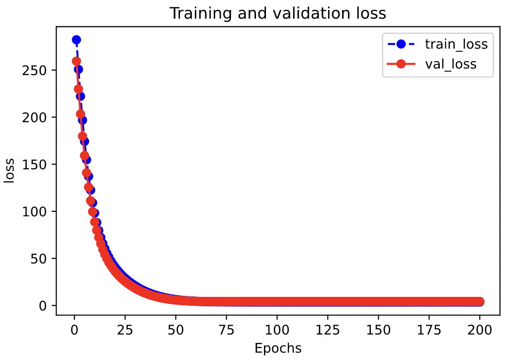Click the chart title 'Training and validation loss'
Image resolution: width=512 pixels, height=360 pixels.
pos(278,13)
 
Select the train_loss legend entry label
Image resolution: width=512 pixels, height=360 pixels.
pos(456,44)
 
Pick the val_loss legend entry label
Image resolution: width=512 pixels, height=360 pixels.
pos(450,64)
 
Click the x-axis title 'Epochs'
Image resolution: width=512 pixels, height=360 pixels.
pos(278,348)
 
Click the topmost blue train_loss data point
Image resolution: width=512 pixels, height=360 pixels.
pos(76,40)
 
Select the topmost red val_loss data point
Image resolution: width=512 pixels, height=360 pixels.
pos(76,61)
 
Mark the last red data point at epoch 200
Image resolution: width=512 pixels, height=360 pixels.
pos(480,301)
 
